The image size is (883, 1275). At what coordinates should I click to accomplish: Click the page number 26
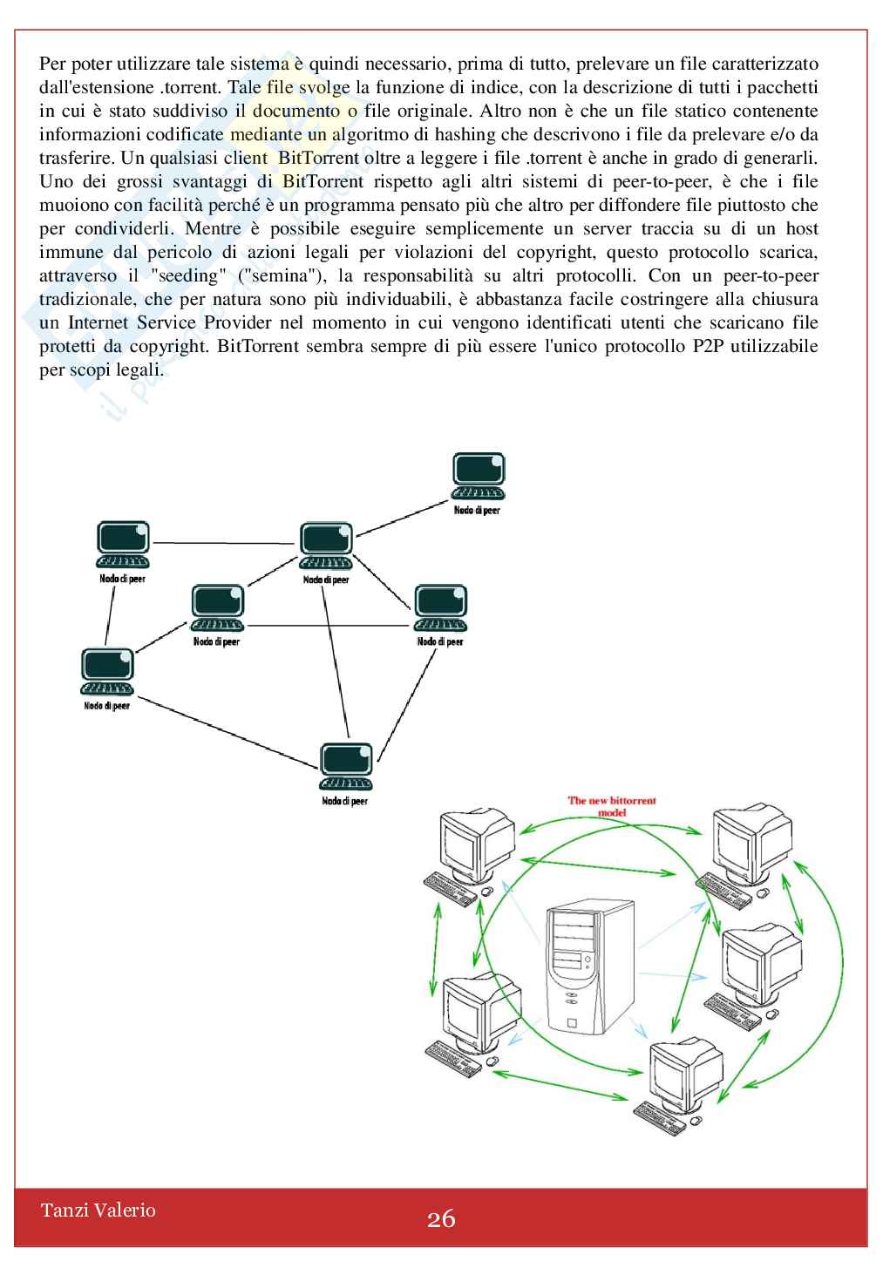(441, 1218)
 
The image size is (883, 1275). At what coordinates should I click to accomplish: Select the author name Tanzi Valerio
(98, 1210)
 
